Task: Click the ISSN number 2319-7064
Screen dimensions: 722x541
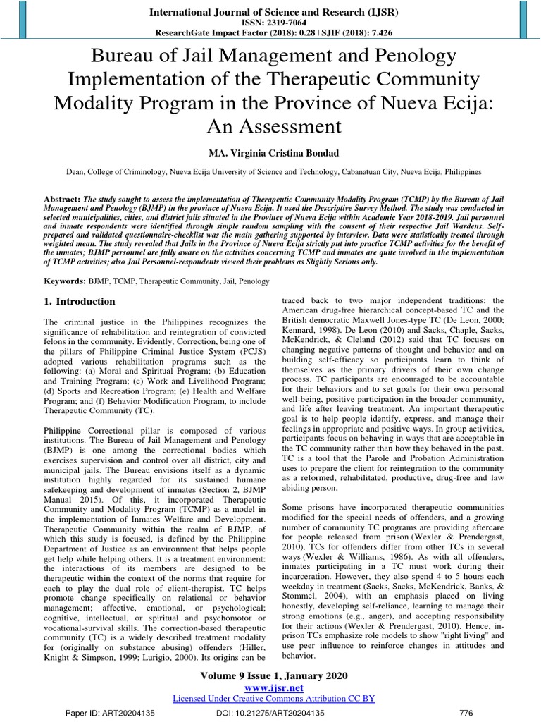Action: pyautogui.click(x=288, y=23)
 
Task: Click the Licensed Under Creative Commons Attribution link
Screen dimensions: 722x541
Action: pyautogui.click(x=273, y=698)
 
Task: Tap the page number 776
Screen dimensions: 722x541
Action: pyautogui.click(x=466, y=713)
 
